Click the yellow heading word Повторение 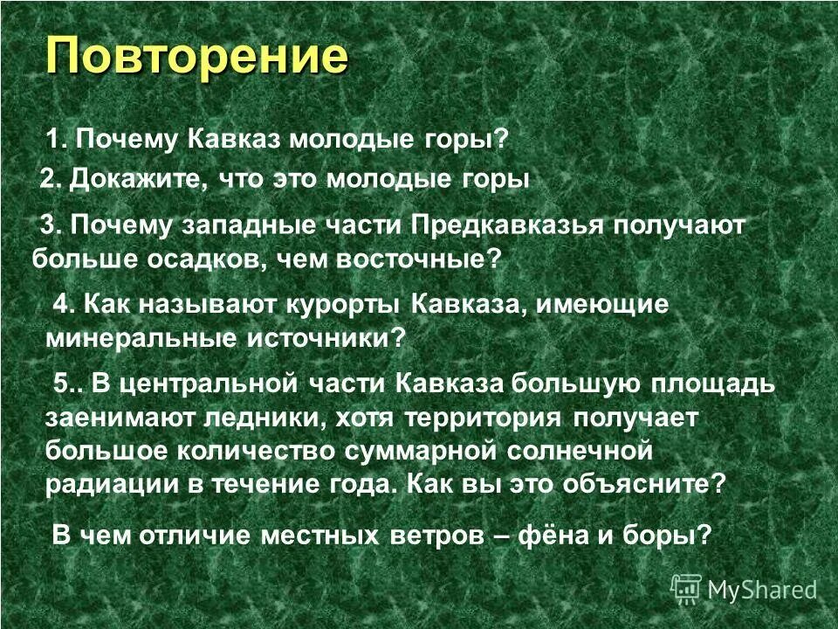click(x=196, y=58)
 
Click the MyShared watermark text click(x=762, y=590)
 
